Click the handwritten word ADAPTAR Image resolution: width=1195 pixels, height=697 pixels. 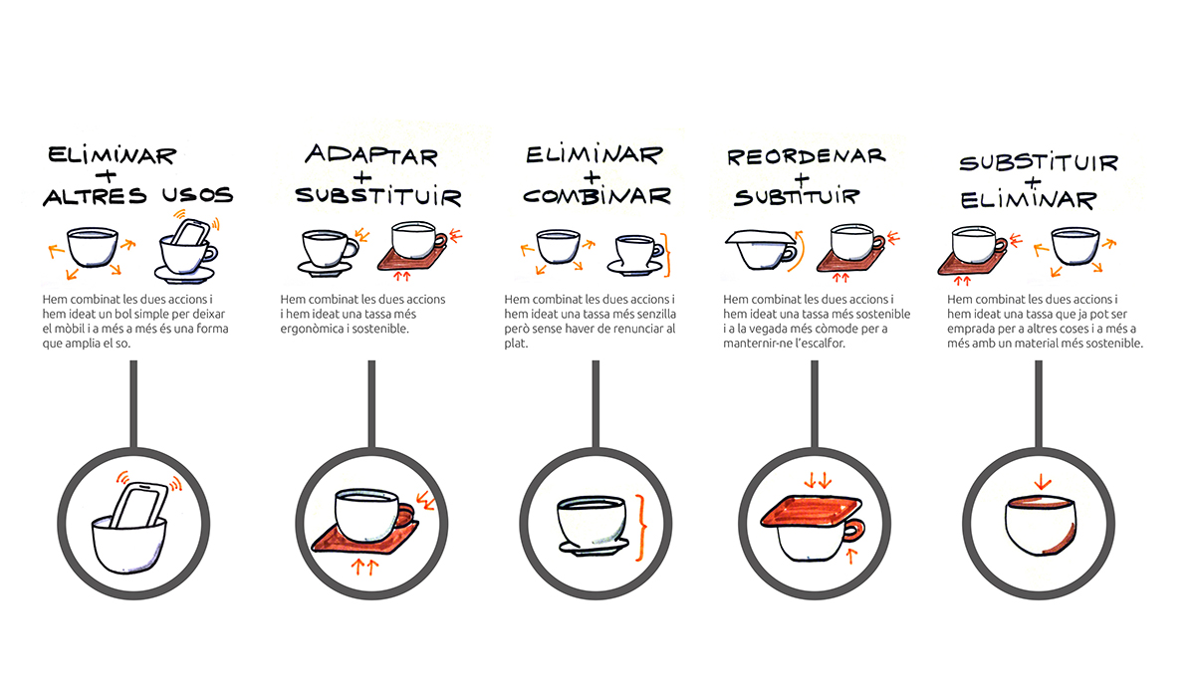pyautogui.click(x=371, y=155)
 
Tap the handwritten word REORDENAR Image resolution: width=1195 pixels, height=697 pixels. pyautogui.click(x=806, y=156)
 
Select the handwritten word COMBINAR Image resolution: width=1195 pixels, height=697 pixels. pyautogui.click(x=597, y=196)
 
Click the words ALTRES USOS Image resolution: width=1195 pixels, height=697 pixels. pyautogui.click(x=138, y=196)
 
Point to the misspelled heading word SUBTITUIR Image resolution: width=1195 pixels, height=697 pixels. pyautogui.click(x=797, y=197)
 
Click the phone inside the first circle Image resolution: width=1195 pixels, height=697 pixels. pyautogui.click(x=139, y=504)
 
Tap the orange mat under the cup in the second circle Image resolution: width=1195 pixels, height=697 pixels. pyautogui.click(x=364, y=539)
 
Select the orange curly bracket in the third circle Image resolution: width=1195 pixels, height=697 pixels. pyautogui.click(x=640, y=528)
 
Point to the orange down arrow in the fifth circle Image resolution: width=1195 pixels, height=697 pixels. pyautogui.click(x=1042, y=482)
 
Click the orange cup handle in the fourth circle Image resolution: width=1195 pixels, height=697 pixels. pyautogui.click(x=854, y=530)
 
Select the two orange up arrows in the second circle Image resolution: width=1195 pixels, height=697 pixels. pyautogui.click(x=365, y=567)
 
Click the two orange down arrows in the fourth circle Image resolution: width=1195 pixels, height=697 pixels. pyautogui.click(x=818, y=480)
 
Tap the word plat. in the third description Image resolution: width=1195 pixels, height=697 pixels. pyautogui.click(x=516, y=344)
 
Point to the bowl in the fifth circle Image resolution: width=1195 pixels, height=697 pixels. pyautogui.click(x=1040, y=526)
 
